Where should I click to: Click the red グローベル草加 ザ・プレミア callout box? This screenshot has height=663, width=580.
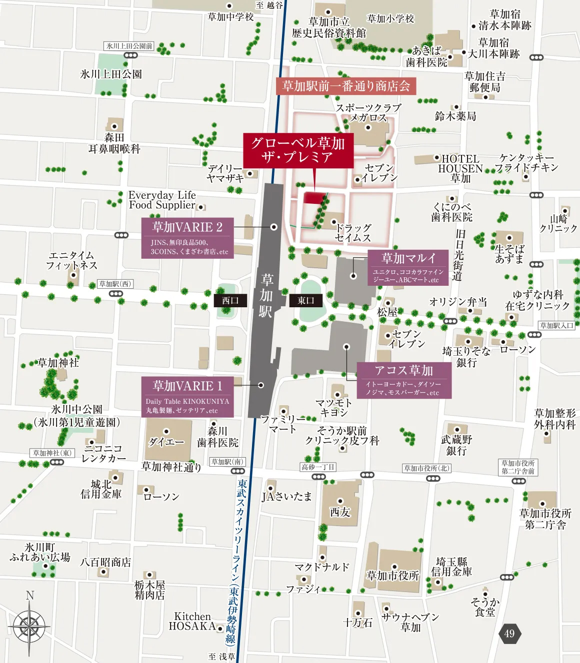pyautogui.click(x=298, y=150)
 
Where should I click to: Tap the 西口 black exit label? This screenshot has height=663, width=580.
pyautogui.click(x=230, y=300)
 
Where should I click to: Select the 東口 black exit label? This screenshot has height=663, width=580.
pyautogui.click(x=305, y=300)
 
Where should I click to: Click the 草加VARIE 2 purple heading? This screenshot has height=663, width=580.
pyautogui.click(x=187, y=227)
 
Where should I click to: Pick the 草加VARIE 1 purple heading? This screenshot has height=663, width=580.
pyautogui.click(x=187, y=386)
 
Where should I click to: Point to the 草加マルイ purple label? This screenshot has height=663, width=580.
pyautogui.click(x=408, y=258)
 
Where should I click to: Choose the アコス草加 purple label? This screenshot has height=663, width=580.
pyautogui.click(x=404, y=370)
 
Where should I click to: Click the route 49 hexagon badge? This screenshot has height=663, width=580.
pyautogui.click(x=509, y=634)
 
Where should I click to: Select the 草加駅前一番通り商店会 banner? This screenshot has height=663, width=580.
pyautogui.click(x=346, y=86)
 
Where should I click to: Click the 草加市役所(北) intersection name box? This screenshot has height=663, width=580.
pyautogui.click(x=426, y=468)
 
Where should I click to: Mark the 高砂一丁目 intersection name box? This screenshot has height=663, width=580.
pyautogui.click(x=318, y=467)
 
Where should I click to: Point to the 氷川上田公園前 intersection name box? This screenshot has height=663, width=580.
pyautogui.click(x=129, y=46)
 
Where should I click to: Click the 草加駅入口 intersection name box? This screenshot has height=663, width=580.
pyautogui.click(x=557, y=326)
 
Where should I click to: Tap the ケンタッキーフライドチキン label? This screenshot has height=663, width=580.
pyautogui.click(x=526, y=163)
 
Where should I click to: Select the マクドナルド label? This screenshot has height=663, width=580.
pyautogui.click(x=321, y=567)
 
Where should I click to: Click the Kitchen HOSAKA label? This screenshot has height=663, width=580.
pyautogui.click(x=192, y=621)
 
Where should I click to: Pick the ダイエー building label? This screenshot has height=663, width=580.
pyautogui.click(x=166, y=442)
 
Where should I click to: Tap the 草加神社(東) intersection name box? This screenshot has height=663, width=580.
pyautogui.click(x=52, y=453)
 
